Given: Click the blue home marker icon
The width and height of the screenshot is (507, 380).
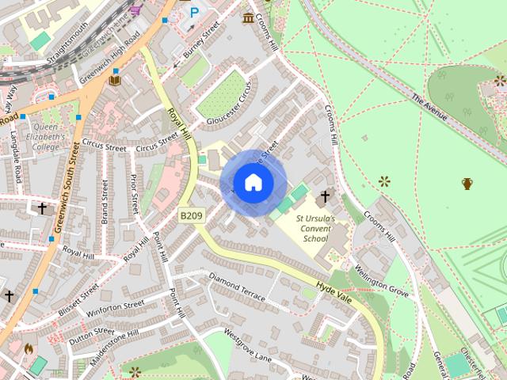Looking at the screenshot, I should click(x=253, y=183).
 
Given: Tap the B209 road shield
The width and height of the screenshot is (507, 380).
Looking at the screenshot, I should click(x=190, y=215).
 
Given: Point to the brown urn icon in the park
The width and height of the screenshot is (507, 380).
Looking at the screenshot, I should click(x=467, y=184).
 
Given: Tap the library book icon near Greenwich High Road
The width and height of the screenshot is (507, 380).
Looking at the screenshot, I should click(x=115, y=79).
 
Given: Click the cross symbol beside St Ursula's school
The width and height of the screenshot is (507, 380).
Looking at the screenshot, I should click(x=324, y=196).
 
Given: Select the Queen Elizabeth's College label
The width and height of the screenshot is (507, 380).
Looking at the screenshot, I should click(x=39, y=135).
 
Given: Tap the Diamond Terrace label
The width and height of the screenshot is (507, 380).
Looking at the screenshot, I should click(x=236, y=287).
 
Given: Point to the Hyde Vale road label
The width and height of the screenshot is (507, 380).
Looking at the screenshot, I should click(x=332, y=287).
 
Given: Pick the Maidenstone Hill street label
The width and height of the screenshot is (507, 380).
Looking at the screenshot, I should click(x=113, y=347).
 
